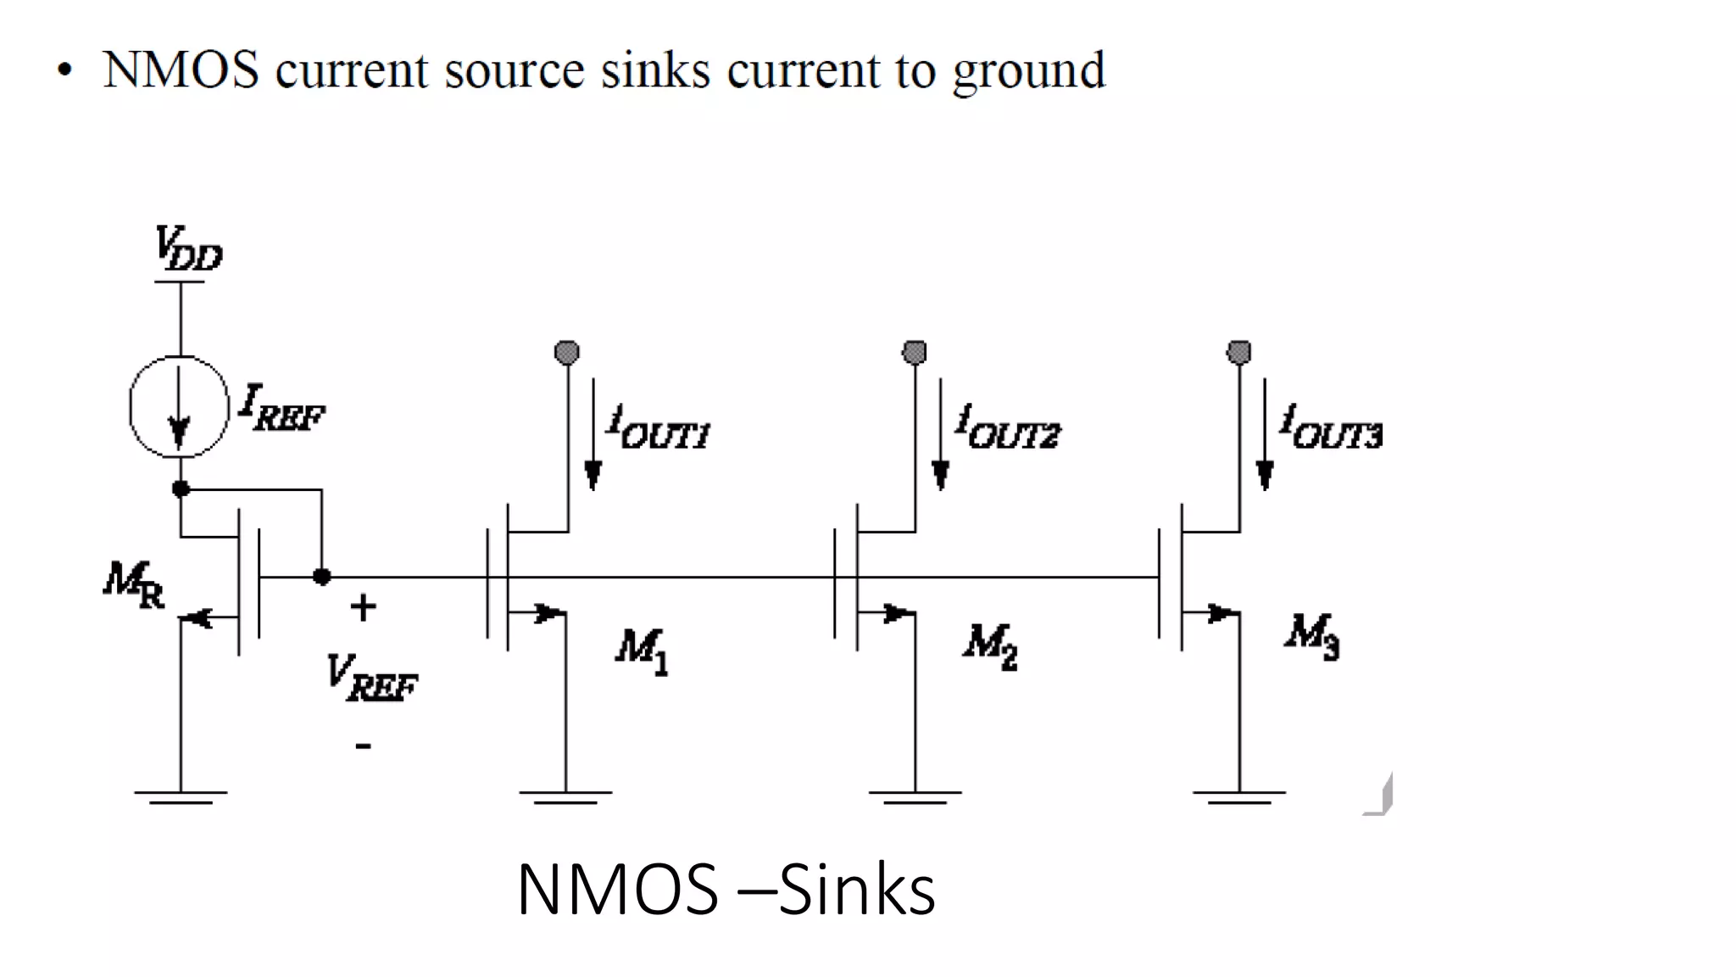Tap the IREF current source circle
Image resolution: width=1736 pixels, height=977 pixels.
click(x=179, y=407)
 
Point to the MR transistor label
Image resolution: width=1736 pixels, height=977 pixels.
click(x=134, y=584)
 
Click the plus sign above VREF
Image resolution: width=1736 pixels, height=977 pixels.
click(x=363, y=607)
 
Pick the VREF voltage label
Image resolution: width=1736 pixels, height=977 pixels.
click(x=372, y=678)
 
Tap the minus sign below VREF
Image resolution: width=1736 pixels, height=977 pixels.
click(x=363, y=745)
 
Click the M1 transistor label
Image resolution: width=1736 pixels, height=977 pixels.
click(x=643, y=651)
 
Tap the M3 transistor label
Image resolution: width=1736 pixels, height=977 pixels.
click(x=1312, y=637)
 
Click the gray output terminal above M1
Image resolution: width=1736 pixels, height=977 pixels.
click(x=567, y=351)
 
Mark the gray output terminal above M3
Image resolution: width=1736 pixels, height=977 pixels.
click(x=1239, y=351)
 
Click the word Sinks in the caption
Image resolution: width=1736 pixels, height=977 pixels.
click(x=856, y=890)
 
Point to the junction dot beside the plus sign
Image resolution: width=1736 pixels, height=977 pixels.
click(x=322, y=577)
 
